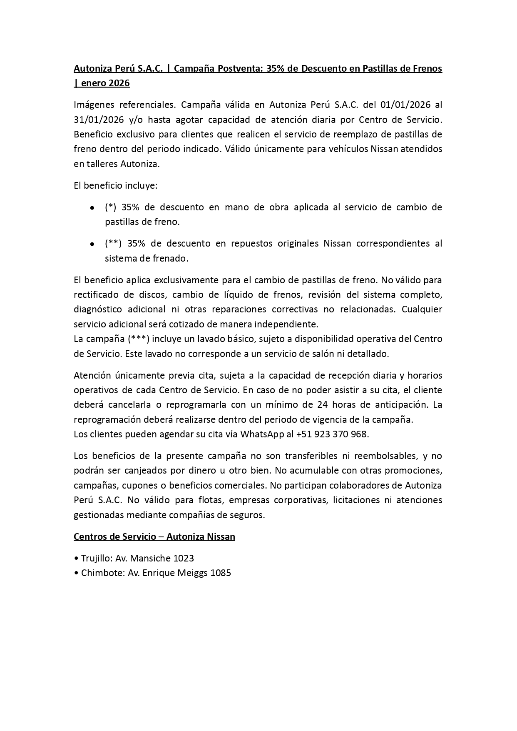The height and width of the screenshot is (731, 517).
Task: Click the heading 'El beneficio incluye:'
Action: coord(116,185)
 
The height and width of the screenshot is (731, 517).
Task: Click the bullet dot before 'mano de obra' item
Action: coord(92,207)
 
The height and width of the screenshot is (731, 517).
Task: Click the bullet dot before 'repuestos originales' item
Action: coord(92,244)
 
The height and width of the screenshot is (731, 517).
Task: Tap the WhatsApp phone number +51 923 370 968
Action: coord(332,434)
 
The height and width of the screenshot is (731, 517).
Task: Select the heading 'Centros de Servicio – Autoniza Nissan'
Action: coord(154,536)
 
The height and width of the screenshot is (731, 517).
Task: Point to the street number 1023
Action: coord(183,558)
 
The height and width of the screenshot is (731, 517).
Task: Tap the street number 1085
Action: coord(220,573)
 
